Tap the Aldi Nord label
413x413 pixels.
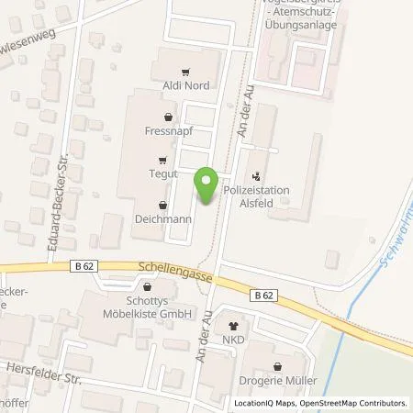(187, 85)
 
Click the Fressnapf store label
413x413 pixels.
(166, 130)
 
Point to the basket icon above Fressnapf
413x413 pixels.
(166, 117)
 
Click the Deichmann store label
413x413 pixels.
(163, 219)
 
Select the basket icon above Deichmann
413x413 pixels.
(163, 206)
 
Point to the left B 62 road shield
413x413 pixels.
(82, 266)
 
